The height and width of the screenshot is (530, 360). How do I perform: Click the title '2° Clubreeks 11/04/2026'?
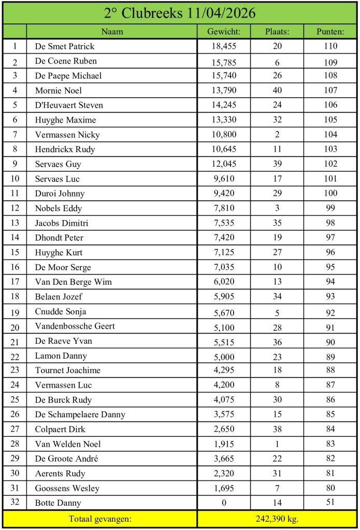(180, 13)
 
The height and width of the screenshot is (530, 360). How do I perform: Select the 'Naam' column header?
(112, 32)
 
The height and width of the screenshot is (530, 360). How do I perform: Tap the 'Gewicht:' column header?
(223, 32)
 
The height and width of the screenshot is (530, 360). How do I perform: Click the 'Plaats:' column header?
(277, 32)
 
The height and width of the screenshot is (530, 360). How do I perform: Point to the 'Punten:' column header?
(330, 32)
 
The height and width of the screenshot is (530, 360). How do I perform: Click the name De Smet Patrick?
(65, 46)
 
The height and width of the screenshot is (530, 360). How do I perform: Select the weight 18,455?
(223, 46)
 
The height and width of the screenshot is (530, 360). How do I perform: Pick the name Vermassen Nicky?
(67, 135)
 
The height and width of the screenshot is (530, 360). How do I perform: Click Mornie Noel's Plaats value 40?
(277, 91)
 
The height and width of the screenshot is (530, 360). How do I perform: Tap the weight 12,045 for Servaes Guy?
(223, 164)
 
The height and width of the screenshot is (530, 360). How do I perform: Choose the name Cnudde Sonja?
(61, 312)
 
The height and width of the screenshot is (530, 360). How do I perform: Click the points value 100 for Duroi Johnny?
(330, 194)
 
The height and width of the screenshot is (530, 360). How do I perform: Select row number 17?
(15, 282)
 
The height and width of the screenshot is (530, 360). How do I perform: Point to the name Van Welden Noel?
(68, 444)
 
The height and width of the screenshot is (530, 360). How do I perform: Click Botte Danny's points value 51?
(330, 503)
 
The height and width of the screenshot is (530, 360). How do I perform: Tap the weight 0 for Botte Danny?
(223, 503)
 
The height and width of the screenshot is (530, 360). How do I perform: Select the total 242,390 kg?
(277, 518)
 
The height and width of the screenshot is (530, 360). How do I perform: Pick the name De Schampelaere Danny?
(80, 415)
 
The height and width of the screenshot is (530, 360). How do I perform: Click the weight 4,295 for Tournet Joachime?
(223, 370)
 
